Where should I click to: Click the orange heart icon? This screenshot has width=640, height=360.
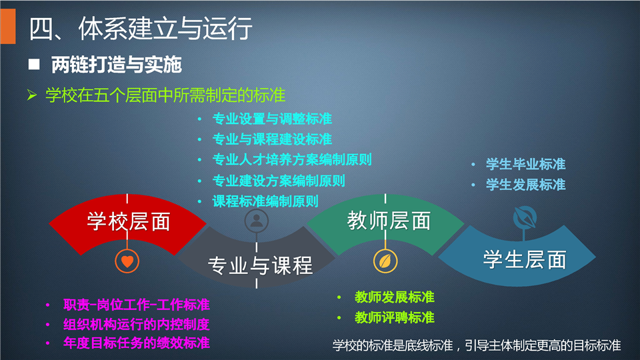coord(127,261)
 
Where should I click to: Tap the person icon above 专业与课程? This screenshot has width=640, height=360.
coord(256,221)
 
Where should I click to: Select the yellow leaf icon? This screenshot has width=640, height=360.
coord(385,261)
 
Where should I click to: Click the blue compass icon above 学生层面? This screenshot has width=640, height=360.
coord(525,217)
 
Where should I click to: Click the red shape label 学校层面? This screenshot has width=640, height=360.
coord(129,221)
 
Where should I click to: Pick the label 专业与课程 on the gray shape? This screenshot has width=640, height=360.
coord(260,265)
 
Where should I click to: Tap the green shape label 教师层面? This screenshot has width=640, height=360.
coord(389,221)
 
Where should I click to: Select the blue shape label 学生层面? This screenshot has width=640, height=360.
coord(525,259)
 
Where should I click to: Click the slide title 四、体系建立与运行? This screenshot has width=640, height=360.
coord(141,29)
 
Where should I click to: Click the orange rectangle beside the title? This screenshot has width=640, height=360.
coord(8,26)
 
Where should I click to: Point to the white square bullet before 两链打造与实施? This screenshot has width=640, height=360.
coord(34,64)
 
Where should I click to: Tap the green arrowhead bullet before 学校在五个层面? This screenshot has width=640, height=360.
coord(32,95)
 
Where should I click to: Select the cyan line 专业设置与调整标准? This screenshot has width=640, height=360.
coord(272,119)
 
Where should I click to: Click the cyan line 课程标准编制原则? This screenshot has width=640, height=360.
coord(265,201)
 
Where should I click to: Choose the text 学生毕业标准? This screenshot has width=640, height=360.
coord(526,164)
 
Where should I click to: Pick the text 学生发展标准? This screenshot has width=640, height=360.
coord(526,185)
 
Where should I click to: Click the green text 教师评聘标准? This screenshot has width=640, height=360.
coord(394,317)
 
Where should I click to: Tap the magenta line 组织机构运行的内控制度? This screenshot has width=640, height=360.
coord(136,325)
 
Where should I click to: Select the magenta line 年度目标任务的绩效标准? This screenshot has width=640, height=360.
coord(136,343)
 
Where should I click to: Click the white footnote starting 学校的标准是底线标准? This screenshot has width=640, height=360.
coord(477,346)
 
